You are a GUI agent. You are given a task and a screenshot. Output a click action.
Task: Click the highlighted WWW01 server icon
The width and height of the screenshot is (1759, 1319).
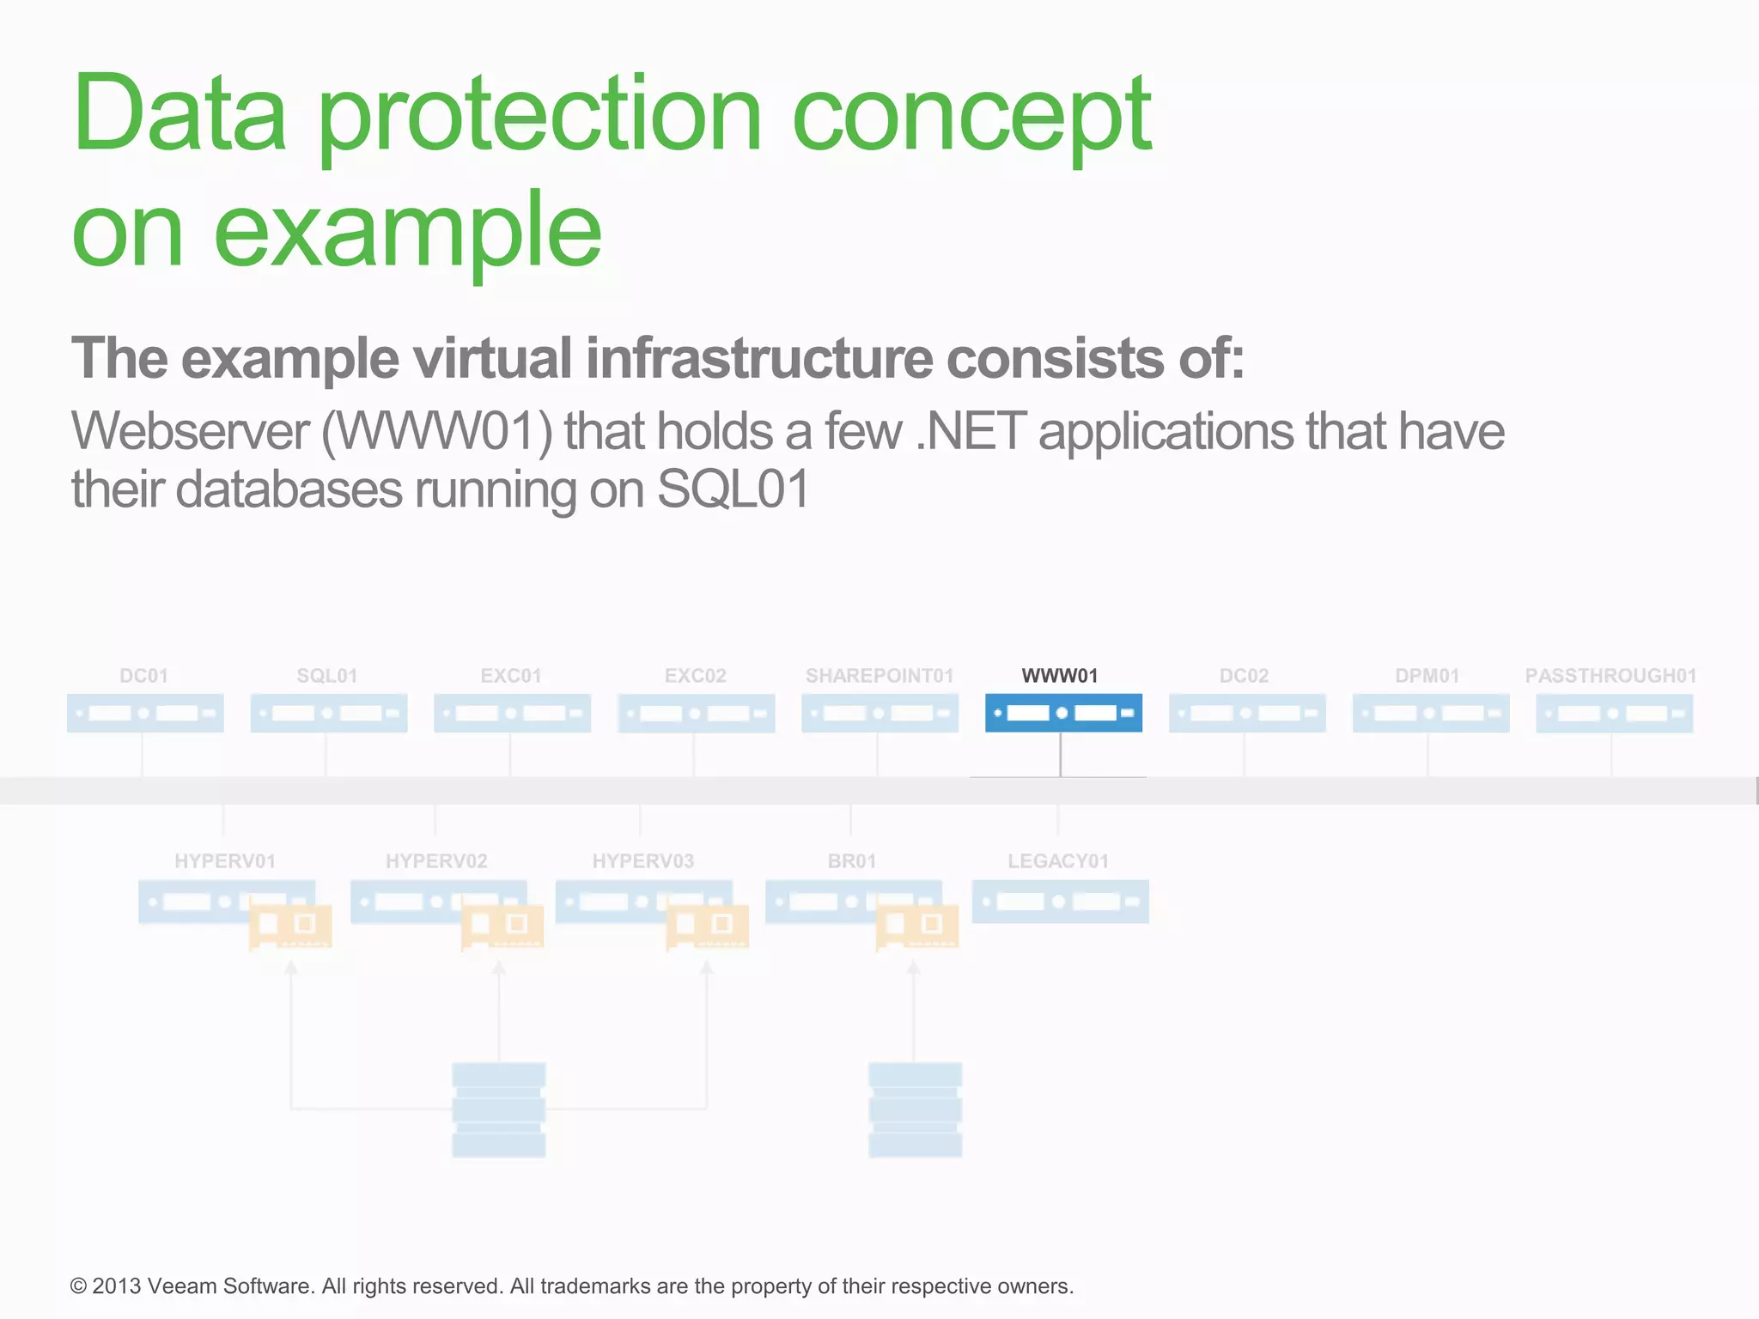pyautogui.click(x=1063, y=713)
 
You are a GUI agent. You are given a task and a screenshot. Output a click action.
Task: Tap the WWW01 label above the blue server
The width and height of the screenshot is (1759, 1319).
pyautogui.click(x=1060, y=676)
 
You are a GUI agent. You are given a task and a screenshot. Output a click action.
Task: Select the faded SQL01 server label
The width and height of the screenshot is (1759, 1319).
pyautogui.click(x=327, y=676)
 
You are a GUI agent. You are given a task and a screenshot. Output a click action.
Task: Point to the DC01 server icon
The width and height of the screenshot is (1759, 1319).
pyautogui.click(x=145, y=713)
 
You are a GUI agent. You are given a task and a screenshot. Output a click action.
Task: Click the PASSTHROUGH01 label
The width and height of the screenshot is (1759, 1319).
pyautogui.click(x=1610, y=676)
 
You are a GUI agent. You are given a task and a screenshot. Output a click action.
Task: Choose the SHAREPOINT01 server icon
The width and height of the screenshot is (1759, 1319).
pyautogui.click(x=879, y=713)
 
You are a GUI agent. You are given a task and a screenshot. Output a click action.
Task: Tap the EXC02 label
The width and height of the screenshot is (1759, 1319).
pyautogui.click(x=695, y=676)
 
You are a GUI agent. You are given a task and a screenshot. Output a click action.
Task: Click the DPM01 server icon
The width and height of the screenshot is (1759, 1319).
pyautogui.click(x=1431, y=713)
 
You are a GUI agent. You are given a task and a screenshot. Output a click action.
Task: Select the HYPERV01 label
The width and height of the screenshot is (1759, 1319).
pyautogui.click(x=225, y=861)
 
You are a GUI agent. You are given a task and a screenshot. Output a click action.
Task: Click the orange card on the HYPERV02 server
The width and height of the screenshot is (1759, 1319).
pyautogui.click(x=502, y=926)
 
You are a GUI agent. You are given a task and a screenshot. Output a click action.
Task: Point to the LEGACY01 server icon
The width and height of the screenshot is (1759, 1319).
pyautogui.click(x=1060, y=902)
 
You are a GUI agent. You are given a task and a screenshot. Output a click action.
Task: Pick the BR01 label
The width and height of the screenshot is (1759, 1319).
pyautogui.click(x=852, y=861)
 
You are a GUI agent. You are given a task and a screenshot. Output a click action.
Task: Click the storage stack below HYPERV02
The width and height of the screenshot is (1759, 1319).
pyautogui.click(x=499, y=1109)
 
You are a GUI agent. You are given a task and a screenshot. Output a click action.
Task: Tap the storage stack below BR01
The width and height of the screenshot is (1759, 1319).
pyautogui.click(x=915, y=1109)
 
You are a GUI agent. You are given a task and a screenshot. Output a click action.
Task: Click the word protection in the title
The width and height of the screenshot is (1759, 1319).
pyautogui.click(x=540, y=116)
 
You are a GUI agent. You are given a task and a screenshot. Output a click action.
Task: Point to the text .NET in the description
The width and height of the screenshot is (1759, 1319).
pyautogui.click(x=971, y=432)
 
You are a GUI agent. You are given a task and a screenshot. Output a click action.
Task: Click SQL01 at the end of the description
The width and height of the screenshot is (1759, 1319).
pyautogui.click(x=733, y=489)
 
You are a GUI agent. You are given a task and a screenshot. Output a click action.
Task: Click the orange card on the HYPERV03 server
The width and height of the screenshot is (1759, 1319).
pyautogui.click(x=708, y=926)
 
